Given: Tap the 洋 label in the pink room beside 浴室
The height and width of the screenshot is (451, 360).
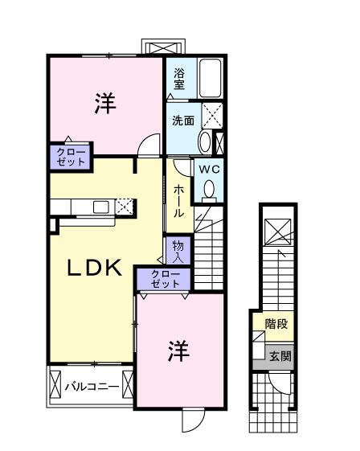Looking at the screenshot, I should point(105,103).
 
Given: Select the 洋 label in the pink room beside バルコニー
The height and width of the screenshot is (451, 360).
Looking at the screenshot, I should point(179,351).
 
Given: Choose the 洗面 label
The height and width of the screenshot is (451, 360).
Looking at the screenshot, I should point(182,121).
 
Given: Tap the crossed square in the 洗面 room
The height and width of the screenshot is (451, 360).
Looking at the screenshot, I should point(211,117).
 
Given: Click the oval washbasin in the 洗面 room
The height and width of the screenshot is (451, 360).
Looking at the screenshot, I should point(204,143).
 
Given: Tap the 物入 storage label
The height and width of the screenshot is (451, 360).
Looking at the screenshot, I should point(178,251).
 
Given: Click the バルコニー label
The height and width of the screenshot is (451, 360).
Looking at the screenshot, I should point(92,386).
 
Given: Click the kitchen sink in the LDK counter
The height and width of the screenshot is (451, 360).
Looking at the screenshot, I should point(101,207).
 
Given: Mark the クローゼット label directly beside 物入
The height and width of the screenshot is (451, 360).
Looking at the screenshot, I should point(166,280).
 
